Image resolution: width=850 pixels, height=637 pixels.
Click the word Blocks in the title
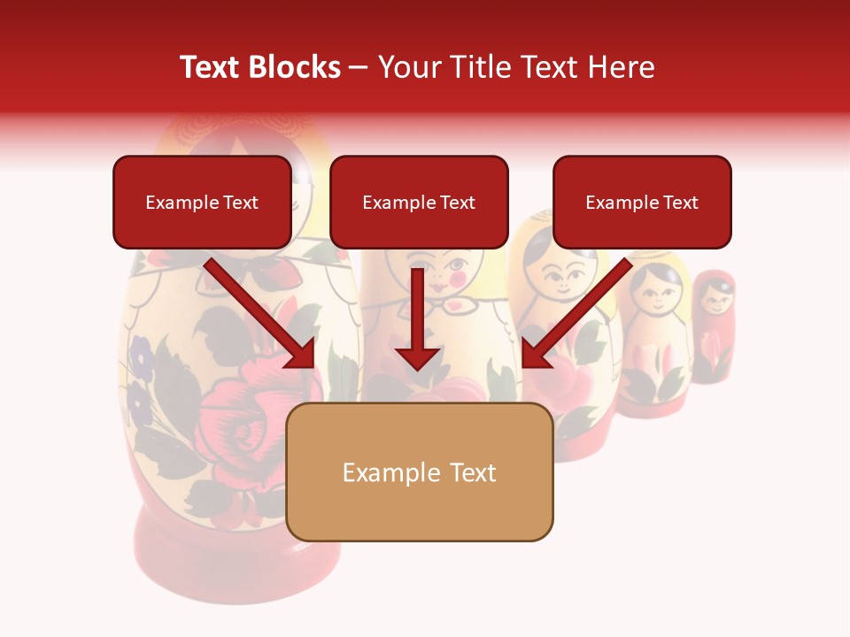coord(296,67)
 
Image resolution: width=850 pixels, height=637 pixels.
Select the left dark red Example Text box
coord(202,202)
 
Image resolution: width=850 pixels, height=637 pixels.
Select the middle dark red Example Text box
coord(419,202)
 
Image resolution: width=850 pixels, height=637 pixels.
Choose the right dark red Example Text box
coord(642,202)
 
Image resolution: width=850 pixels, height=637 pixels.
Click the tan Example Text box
coord(419,472)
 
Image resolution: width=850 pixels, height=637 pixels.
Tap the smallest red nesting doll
coord(713,327)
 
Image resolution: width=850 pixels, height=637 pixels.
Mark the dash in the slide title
coord(359,67)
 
